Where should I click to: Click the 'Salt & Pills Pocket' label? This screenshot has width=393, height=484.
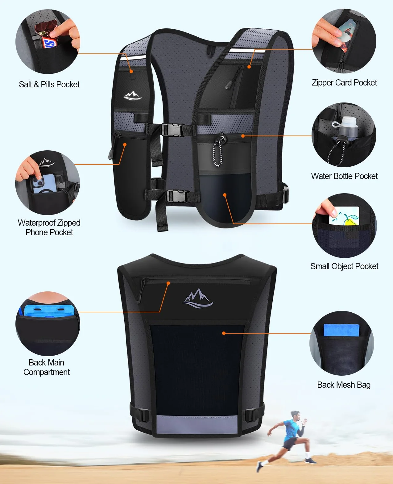(49, 85)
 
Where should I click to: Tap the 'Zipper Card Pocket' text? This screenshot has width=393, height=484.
(344, 83)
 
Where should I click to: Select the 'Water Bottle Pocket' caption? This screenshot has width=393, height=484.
(344, 176)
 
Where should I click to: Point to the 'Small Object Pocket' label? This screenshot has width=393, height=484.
(344, 266)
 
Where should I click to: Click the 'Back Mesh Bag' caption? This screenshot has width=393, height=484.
(344, 385)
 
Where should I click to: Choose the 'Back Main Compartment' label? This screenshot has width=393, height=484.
(47, 367)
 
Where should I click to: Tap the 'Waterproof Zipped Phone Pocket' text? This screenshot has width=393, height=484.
(49, 227)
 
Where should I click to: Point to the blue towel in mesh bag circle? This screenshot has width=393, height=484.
(341, 330)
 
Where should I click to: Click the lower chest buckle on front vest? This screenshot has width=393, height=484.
(178, 196)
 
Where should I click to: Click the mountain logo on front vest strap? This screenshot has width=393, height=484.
(132, 96)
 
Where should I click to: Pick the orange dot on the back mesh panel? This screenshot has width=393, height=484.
(224, 333)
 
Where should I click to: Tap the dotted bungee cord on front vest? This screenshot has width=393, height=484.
(217, 152)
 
